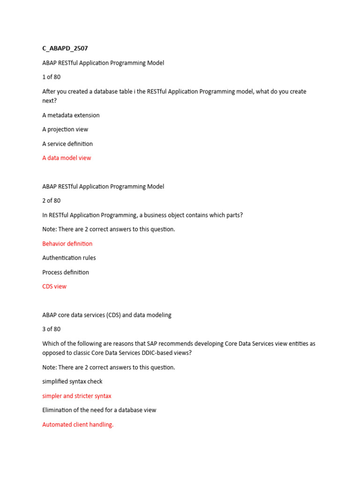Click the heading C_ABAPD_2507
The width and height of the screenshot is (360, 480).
tap(65, 48)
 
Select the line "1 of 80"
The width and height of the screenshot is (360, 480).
tap(51, 77)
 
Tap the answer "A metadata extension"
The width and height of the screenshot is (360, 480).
tap(71, 115)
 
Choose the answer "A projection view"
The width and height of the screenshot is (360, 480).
tap(65, 129)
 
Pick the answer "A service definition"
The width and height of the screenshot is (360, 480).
tap(67, 144)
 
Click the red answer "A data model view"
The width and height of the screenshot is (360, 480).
tap(67, 158)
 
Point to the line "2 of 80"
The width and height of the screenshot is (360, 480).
tap(51, 201)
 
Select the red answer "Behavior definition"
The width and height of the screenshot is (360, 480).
tap(67, 244)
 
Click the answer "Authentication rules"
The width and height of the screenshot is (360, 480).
tap(69, 258)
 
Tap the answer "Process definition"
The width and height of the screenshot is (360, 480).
tap(66, 272)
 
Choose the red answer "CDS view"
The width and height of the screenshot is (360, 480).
tap(54, 286)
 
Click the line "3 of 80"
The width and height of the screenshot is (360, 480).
tap(51, 329)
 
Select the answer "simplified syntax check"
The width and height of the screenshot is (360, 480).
tap(72, 382)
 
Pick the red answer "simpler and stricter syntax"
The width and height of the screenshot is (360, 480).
tap(77, 396)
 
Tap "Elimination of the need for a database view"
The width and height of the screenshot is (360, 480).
tap(99, 410)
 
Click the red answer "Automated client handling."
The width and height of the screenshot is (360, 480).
tap(78, 425)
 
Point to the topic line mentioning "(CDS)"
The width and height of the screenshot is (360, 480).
tap(107, 315)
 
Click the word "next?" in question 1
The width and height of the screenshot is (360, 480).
tap(49, 101)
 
